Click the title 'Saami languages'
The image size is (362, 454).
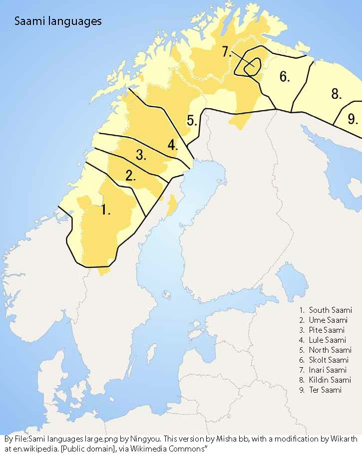[x=58, y=21]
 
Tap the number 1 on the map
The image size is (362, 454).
[x=105, y=211]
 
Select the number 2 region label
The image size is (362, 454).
[x=131, y=176]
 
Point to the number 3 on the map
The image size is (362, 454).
[x=141, y=155]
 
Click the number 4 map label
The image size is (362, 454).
[x=172, y=145]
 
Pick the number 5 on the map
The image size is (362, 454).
[x=192, y=121]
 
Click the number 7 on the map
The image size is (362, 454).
[x=226, y=52]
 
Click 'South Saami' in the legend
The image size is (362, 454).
[x=330, y=310]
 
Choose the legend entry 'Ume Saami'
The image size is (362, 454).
[x=328, y=320]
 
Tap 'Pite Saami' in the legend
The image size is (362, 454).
[x=328, y=330]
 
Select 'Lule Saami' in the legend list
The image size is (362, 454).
[x=328, y=340]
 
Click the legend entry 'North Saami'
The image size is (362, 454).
[x=330, y=350]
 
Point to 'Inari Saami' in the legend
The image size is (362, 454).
[x=329, y=370]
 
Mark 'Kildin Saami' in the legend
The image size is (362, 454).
[x=330, y=380]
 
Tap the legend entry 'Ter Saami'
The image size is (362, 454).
[x=325, y=390]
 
